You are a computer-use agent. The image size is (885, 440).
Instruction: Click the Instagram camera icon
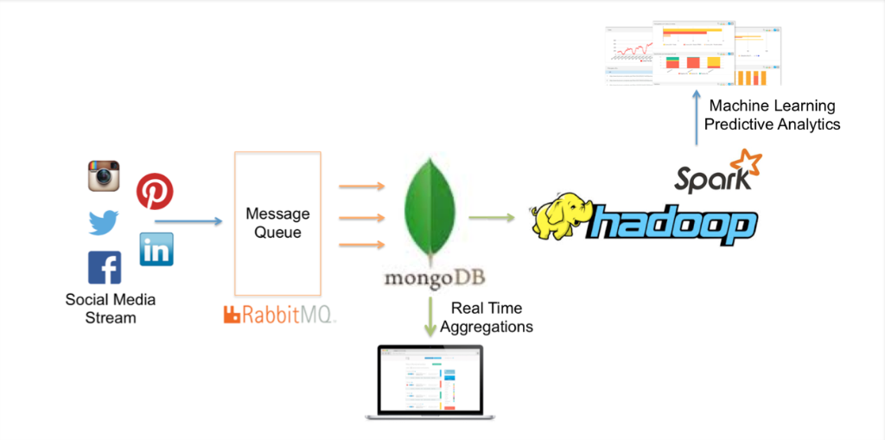(x=104, y=176)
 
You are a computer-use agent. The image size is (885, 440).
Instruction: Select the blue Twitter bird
(x=104, y=223)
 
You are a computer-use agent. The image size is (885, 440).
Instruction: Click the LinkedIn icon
(x=156, y=249)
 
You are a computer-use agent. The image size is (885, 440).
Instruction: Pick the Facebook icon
(x=105, y=268)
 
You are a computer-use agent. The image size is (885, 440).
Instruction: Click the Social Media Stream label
(x=111, y=309)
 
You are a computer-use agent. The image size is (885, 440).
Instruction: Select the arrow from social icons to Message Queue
(x=189, y=222)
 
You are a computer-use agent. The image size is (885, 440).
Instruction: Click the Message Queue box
(x=277, y=223)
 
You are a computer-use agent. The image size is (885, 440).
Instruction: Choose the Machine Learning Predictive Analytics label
(x=772, y=115)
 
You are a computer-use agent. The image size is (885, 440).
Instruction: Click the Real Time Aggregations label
(x=487, y=317)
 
